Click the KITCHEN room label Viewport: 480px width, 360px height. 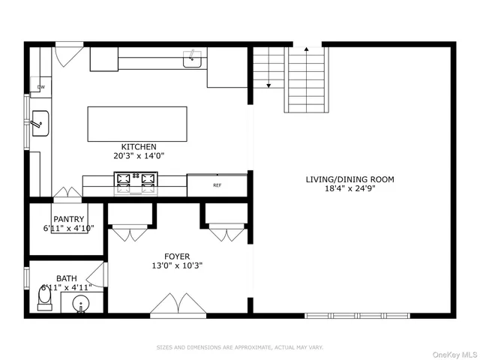pos(139,146)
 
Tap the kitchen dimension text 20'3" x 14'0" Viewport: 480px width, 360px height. pos(139,157)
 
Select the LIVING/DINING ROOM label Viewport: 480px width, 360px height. pos(349,179)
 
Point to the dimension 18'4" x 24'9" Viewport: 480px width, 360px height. pos(349,190)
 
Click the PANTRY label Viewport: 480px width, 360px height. pos(68,219)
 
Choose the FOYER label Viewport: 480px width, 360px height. pos(177,256)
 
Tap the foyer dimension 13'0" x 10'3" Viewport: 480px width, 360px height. pos(177,265)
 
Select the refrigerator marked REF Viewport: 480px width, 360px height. pos(217,184)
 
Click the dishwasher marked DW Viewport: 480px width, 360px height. pos(40,88)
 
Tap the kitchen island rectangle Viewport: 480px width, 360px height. pos(137,123)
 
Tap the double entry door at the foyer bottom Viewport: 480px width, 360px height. pos(177,306)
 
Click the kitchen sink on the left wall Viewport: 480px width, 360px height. pos(39,120)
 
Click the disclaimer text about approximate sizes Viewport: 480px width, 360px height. pos(239,347)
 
